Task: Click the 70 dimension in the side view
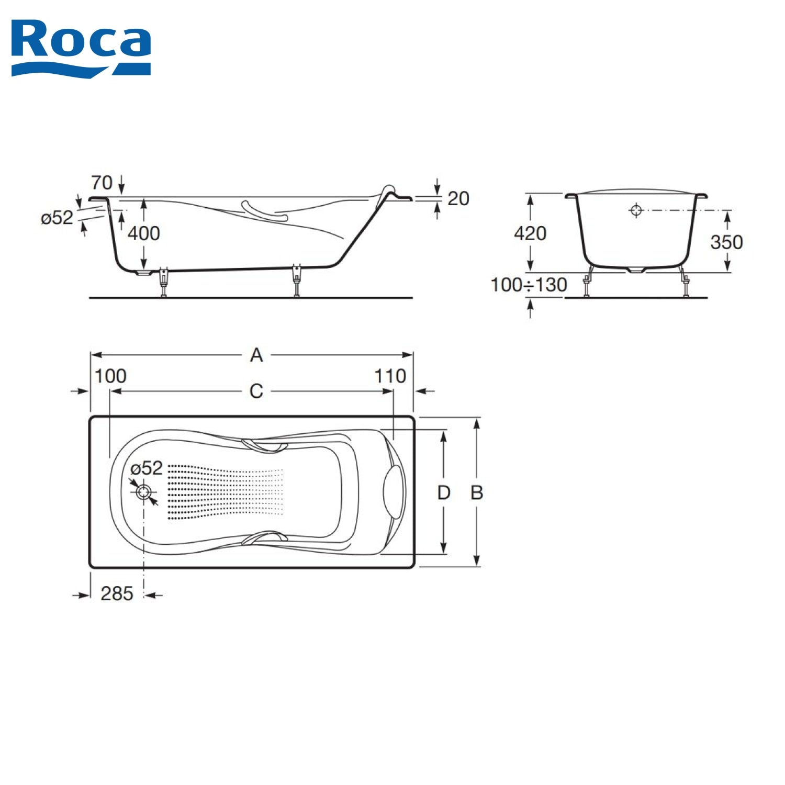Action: tap(102, 183)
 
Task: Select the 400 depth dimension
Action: tap(144, 233)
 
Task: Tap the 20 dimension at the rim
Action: tap(458, 198)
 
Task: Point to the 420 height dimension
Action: tap(530, 233)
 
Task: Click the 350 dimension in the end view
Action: tap(726, 242)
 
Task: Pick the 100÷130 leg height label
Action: tap(529, 285)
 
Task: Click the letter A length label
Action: tap(256, 355)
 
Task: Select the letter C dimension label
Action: tap(256, 391)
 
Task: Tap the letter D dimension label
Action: tap(444, 492)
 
